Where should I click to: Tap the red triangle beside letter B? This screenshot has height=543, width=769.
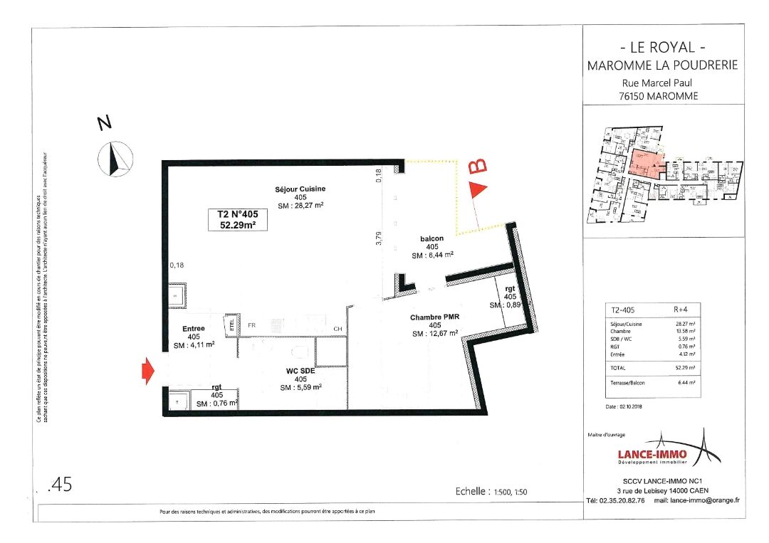click(x=478, y=189)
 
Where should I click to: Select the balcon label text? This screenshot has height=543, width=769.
click(x=432, y=238)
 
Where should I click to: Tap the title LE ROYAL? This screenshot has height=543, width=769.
click(x=662, y=48)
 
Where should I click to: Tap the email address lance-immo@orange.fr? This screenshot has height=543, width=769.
click(x=696, y=500)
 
